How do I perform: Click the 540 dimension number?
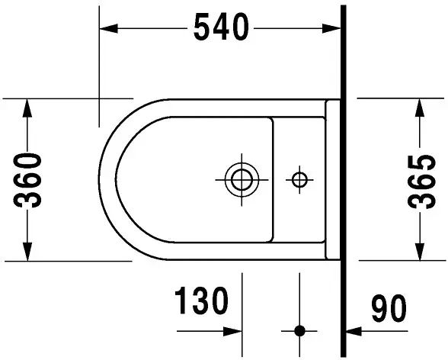coord(220,28)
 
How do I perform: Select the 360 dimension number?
coord(28,180)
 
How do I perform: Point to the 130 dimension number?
coord(202,302)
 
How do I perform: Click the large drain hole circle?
coord(242,180)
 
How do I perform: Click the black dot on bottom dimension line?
coord(300,331)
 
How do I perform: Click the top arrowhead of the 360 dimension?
coord(28,107)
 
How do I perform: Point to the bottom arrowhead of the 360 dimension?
coord(28,252)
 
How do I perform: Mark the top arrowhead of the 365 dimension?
coord(418,107)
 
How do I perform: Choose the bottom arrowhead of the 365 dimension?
coord(418,252)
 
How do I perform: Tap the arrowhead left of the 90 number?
coord(355,331)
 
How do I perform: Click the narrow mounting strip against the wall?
coord(333,180)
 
